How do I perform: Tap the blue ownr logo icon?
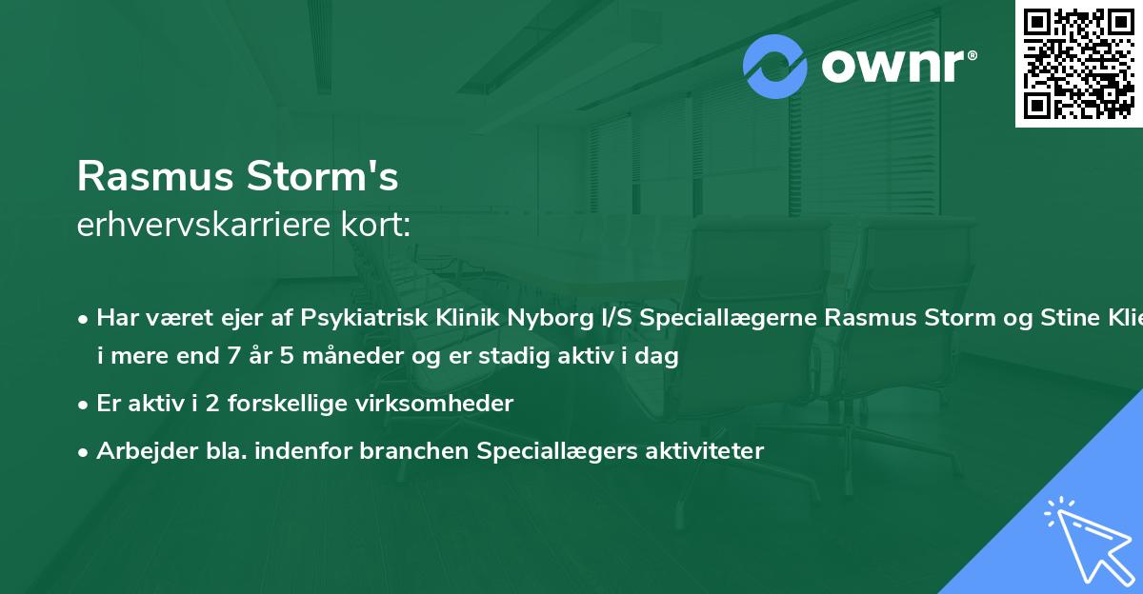(775, 66)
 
